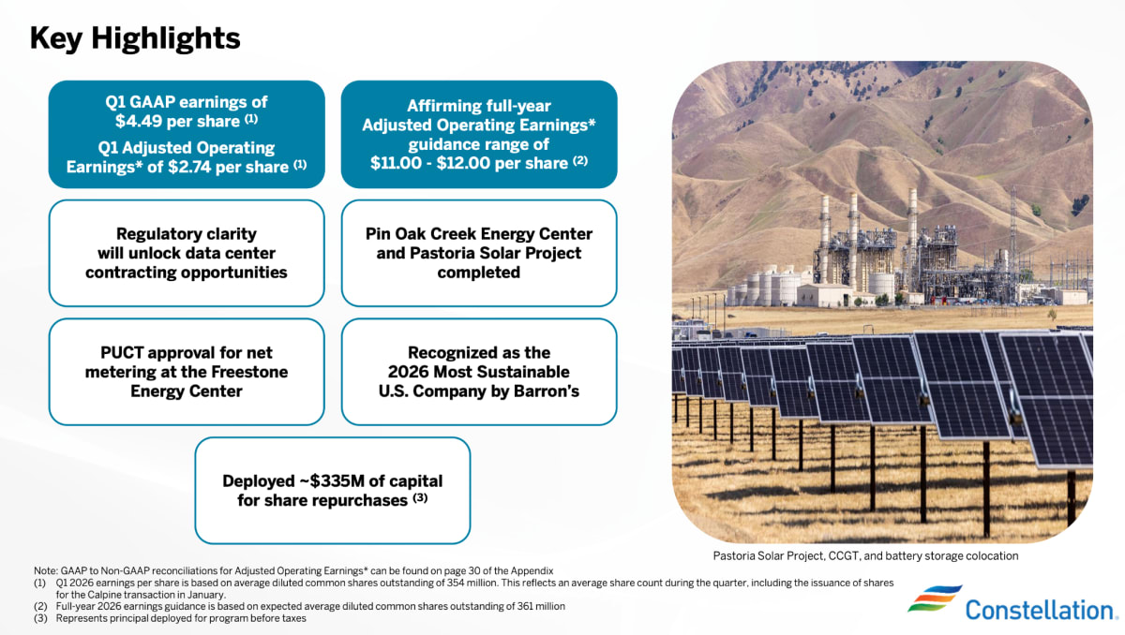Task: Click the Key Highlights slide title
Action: [x=135, y=38]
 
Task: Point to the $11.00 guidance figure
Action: [x=396, y=163]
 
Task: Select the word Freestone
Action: [x=249, y=372]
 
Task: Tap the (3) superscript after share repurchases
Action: [x=420, y=497]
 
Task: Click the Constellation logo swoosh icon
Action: [x=935, y=598]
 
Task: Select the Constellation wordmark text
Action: [x=1039, y=611]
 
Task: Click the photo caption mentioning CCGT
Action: [x=865, y=555]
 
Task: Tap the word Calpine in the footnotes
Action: [x=105, y=595]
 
